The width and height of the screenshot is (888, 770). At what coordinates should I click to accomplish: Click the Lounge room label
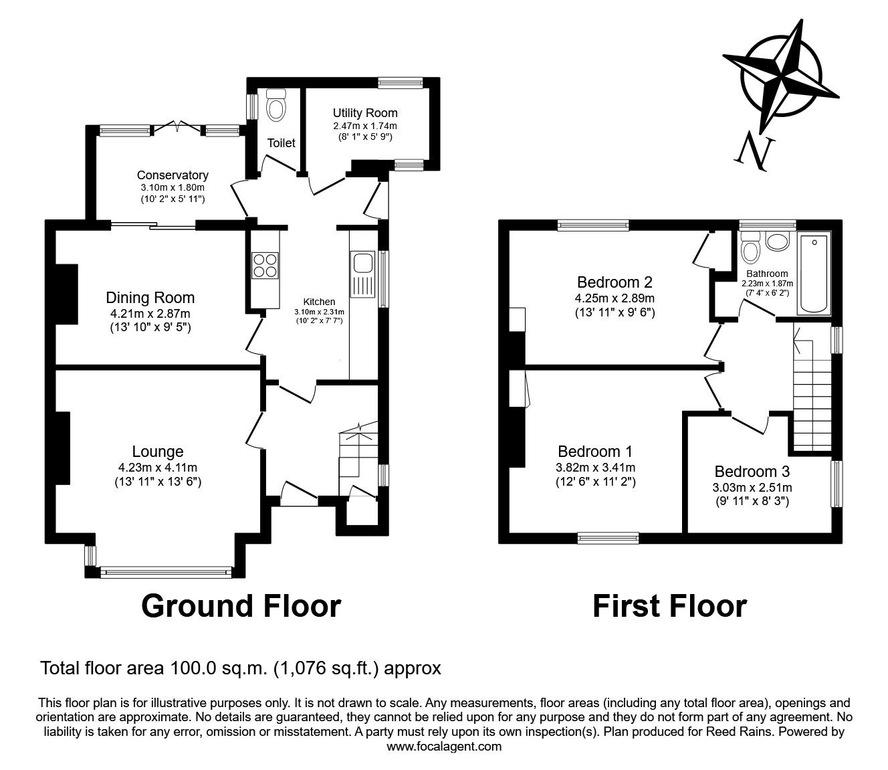click(x=157, y=452)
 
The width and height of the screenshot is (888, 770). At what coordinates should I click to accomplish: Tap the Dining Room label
click(x=150, y=298)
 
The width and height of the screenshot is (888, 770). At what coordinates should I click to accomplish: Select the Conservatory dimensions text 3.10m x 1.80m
click(x=173, y=187)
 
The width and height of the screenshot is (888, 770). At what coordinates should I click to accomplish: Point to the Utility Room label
click(x=365, y=113)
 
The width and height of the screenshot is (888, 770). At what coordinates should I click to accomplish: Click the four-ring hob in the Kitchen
click(x=264, y=265)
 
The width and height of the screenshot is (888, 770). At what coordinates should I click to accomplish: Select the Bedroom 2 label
click(x=615, y=282)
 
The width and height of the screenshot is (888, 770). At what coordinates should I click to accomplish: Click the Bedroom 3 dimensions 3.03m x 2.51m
click(x=752, y=487)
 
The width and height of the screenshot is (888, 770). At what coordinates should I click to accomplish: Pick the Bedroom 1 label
click(x=595, y=451)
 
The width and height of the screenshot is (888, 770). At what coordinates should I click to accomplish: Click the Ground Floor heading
click(x=241, y=605)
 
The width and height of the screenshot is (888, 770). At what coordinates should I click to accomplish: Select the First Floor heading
click(x=669, y=605)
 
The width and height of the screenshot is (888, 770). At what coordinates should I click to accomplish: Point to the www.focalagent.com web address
click(x=444, y=747)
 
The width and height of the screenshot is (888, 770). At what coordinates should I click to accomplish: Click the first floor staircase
click(x=811, y=388)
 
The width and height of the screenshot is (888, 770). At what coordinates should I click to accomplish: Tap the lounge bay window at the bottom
click(x=165, y=572)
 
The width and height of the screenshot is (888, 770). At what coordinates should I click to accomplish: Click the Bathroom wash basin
click(x=777, y=242)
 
